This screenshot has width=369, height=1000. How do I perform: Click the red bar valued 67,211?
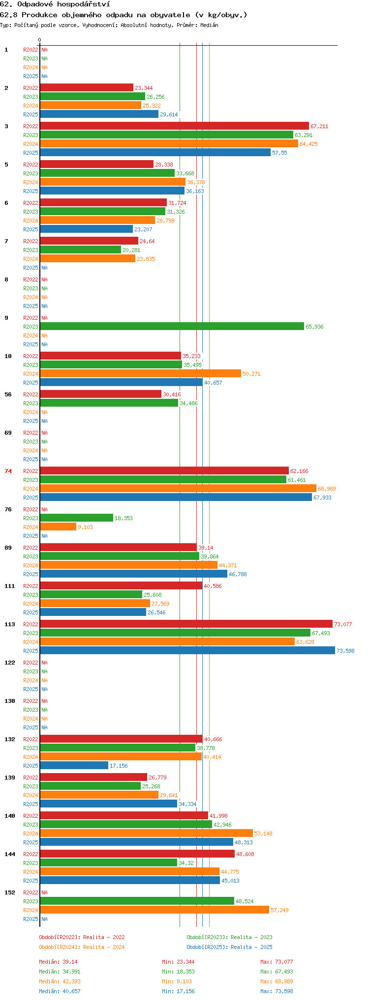pyautogui.click(x=174, y=126)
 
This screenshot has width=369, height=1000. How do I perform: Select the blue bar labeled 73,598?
pyautogui.click(x=187, y=650)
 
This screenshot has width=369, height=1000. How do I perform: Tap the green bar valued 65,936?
pyautogui.click(x=172, y=326)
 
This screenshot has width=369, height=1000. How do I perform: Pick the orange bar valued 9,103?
pyautogui.click(x=58, y=527)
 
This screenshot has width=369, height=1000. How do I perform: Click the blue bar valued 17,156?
pyautogui.click(x=74, y=765)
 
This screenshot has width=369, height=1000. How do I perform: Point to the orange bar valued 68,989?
pyautogui.click(x=178, y=488)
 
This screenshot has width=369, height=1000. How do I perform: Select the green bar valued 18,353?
pyautogui.click(x=76, y=518)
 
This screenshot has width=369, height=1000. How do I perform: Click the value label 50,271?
pyautogui.click(x=251, y=374)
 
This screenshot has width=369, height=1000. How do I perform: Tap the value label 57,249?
pyautogui.click(x=279, y=910)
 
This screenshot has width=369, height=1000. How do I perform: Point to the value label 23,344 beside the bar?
pyautogui.click(x=144, y=88)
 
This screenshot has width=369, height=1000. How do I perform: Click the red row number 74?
pyautogui.click(x=8, y=471)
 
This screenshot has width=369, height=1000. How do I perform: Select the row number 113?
pyautogui.click(x=10, y=624)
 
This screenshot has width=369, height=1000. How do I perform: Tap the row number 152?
pyautogui.click(x=10, y=892)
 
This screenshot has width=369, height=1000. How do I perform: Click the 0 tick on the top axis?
pyautogui.click(x=40, y=40)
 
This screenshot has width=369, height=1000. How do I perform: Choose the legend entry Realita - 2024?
pyautogui.click(x=104, y=947)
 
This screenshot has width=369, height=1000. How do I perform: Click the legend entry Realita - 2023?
pyautogui.click(x=251, y=937)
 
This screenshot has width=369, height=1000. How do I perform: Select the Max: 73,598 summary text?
pyautogui.click(x=277, y=991)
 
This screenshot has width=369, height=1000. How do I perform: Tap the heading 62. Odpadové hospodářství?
pyautogui.click(x=55, y=4)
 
